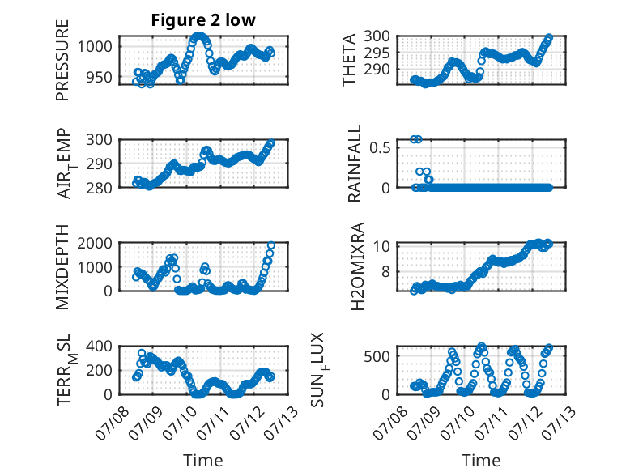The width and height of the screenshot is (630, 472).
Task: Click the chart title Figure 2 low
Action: tap(203, 20)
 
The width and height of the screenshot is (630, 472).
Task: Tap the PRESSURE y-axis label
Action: tap(62, 60)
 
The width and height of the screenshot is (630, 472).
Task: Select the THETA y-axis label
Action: tap(349, 60)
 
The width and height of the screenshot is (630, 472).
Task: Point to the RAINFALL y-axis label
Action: tap(355, 164)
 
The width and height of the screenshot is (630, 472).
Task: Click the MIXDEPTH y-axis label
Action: tap(62, 267)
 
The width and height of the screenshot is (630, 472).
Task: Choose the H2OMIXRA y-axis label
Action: tap(357, 266)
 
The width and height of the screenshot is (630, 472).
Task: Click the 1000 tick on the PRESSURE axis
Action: tap(95, 47)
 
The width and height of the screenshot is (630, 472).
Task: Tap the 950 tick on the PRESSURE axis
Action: tap(99, 77)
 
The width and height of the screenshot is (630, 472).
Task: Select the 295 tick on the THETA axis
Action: tap(377, 53)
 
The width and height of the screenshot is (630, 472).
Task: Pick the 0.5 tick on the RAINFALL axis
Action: tap(380, 147)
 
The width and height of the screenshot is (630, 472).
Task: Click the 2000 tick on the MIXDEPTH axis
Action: tap(95, 243)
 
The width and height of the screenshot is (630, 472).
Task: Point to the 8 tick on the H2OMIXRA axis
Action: tap(385, 271)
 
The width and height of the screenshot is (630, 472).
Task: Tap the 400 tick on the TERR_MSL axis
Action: tap(99, 346)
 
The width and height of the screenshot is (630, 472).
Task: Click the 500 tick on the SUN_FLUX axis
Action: tap(377, 356)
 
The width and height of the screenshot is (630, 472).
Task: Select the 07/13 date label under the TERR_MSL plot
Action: tap(283, 422)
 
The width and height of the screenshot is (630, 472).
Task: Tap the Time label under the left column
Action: tap(203, 460)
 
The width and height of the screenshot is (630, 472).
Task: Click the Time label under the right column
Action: tap(481, 460)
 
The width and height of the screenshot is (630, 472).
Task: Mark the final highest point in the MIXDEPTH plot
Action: tap(271, 245)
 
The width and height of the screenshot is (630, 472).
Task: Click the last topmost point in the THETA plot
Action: tap(549, 37)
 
